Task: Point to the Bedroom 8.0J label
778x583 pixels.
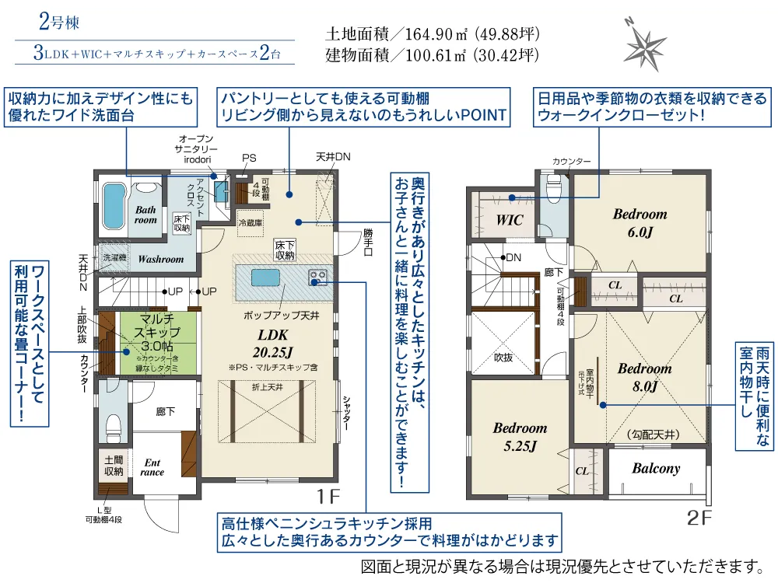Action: click(644, 376)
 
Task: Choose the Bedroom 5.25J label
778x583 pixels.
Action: click(520, 436)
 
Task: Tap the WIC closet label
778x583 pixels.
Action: click(510, 220)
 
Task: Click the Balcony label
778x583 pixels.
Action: click(656, 468)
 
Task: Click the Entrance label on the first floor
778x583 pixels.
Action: click(152, 466)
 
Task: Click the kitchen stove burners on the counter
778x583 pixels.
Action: click(317, 275)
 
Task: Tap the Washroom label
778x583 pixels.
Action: click(161, 259)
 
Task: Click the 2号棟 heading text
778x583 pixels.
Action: click(58, 21)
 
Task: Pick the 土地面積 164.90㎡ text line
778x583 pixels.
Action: click(431, 35)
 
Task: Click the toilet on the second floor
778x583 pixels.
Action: click(555, 189)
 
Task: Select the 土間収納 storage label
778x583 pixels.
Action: click(114, 466)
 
